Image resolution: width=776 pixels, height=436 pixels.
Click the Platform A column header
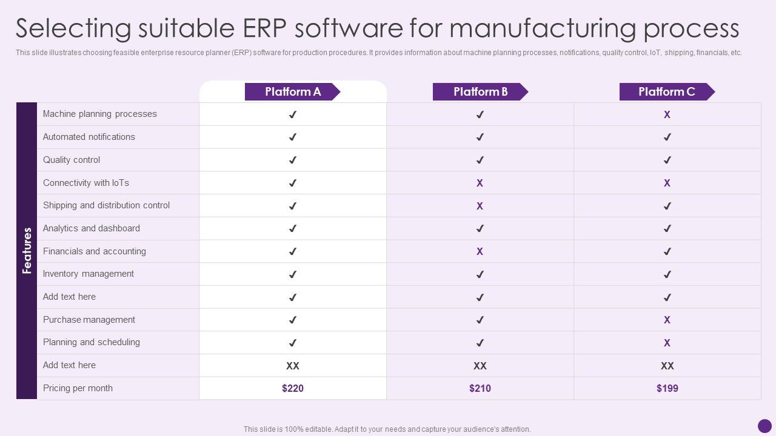[293, 92]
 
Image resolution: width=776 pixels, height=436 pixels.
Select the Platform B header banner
[480, 92]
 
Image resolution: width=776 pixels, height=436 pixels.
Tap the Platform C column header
[667, 92]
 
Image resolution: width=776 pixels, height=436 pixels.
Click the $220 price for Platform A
[293, 388]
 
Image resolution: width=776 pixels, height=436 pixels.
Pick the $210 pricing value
[480, 388]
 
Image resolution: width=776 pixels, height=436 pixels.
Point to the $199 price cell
[667, 388]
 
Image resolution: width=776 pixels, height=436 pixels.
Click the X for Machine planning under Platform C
[667, 114]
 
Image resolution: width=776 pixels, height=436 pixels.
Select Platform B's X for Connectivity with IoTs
[480, 183]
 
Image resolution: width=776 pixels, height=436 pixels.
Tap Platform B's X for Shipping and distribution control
[480, 206]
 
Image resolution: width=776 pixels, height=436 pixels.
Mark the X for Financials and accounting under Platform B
[480, 251]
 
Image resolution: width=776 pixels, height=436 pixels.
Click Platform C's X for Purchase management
[667, 320]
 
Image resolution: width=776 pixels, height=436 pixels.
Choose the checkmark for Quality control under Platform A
[293, 160]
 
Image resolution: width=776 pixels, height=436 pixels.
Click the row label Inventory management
[89, 274]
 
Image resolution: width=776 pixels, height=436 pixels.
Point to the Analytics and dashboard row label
[92, 228]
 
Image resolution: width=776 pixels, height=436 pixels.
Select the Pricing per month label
[78, 388]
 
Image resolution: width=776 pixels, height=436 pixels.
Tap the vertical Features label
[27, 251]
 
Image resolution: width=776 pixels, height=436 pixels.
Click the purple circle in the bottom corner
[764, 426]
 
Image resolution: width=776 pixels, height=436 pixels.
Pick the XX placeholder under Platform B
[480, 366]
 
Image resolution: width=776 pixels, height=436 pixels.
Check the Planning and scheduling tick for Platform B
[480, 343]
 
